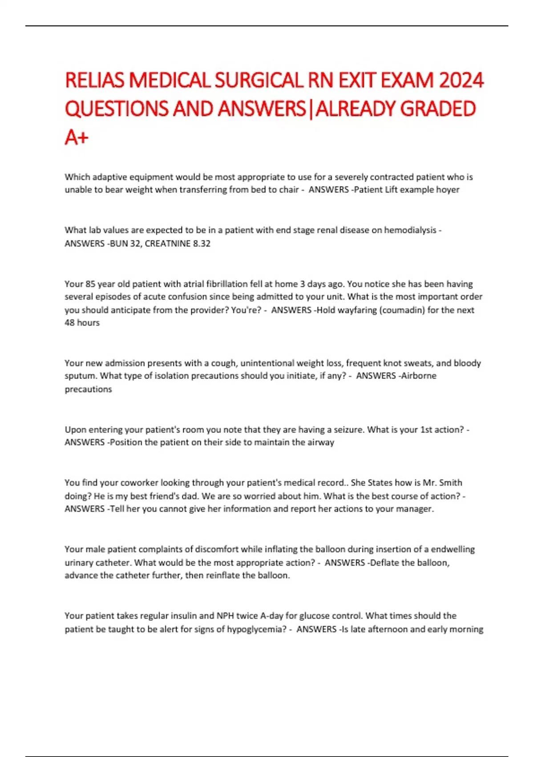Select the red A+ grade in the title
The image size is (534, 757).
point(77,137)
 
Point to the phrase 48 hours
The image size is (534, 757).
point(82,322)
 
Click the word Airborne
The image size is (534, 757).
point(419,376)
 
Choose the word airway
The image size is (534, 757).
point(320,442)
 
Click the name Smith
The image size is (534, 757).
point(450,483)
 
